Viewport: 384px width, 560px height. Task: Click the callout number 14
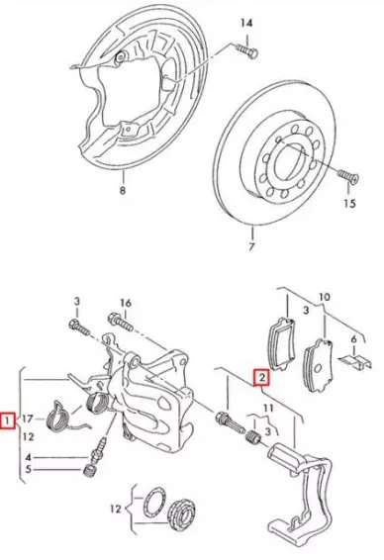246,23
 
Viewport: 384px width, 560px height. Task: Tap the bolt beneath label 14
247,50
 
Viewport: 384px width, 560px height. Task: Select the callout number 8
123,190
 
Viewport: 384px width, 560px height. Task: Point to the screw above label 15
348,176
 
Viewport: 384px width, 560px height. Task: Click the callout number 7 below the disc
251,246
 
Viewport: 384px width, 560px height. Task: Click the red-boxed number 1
7,420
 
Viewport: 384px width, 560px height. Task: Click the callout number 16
126,303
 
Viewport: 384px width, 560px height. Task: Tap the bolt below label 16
121,322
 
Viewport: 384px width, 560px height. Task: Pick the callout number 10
325,297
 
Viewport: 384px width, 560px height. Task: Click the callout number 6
353,339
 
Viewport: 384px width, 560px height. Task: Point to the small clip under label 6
355,361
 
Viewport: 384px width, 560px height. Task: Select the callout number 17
27,419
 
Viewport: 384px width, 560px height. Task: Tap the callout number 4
29,457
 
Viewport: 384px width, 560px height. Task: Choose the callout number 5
28,469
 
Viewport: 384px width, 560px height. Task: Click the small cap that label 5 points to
89,470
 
